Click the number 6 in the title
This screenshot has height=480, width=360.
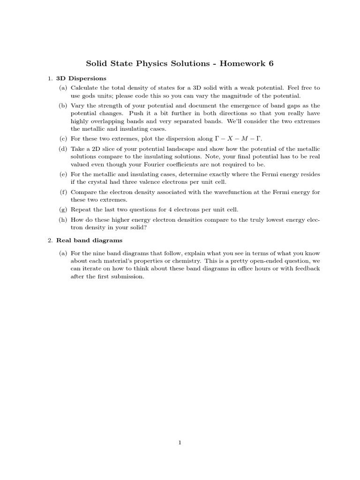[x=270, y=63]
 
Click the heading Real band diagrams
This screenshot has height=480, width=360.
[x=89, y=240]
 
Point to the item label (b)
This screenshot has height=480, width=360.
[x=63, y=105]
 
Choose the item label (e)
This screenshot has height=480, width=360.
[x=63, y=174]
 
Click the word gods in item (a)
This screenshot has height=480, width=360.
[x=90, y=96]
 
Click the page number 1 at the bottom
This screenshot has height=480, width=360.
[x=180, y=442]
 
